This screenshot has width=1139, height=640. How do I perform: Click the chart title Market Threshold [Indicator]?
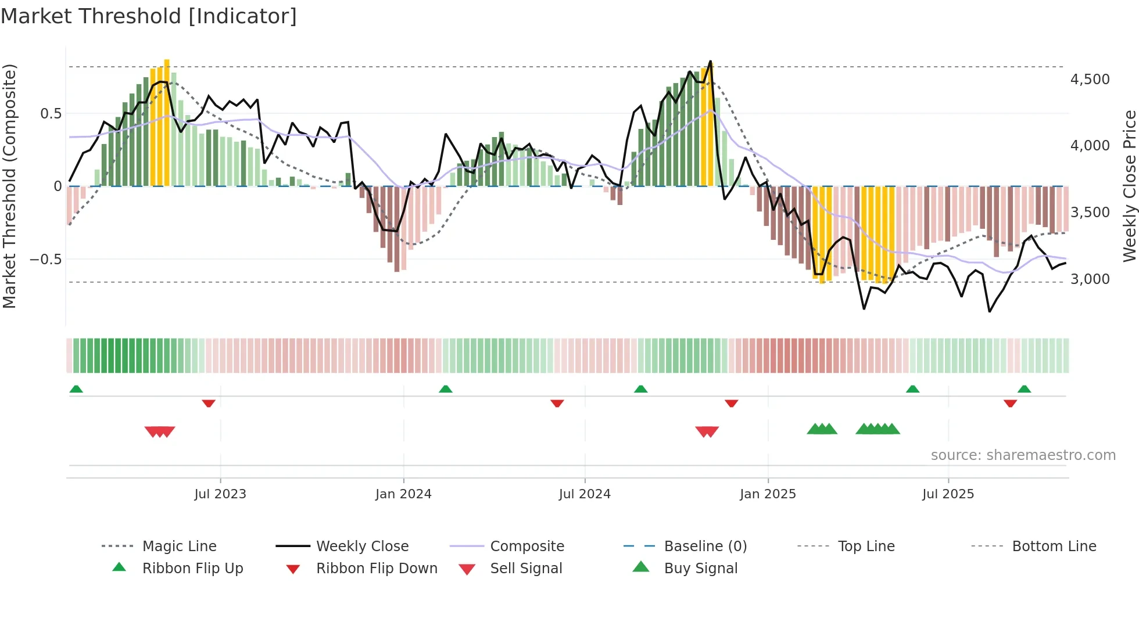pyautogui.click(x=149, y=16)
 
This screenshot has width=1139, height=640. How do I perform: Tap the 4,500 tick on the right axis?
pyautogui.click(x=1090, y=80)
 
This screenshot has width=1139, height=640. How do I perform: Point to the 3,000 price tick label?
pyautogui.click(x=1090, y=279)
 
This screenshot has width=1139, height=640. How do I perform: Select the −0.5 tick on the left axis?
pyautogui.click(x=45, y=259)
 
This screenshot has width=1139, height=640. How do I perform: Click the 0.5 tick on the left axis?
pyautogui.click(x=51, y=114)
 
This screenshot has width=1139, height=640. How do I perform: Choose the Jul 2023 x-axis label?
pyautogui.click(x=220, y=494)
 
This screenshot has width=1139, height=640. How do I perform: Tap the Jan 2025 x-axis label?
pyautogui.click(x=768, y=494)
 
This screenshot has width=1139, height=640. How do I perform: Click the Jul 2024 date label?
pyautogui.click(x=585, y=494)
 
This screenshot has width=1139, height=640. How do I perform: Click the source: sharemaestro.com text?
pyautogui.click(x=1023, y=455)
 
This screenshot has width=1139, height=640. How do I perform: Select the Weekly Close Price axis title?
pyautogui.click(x=1129, y=186)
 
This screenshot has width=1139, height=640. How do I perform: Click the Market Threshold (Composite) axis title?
pyautogui.click(x=9, y=186)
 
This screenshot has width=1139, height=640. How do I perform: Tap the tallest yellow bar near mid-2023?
pyautogui.click(x=167, y=122)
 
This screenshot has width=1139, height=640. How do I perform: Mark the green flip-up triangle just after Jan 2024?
pyautogui.click(x=446, y=389)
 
